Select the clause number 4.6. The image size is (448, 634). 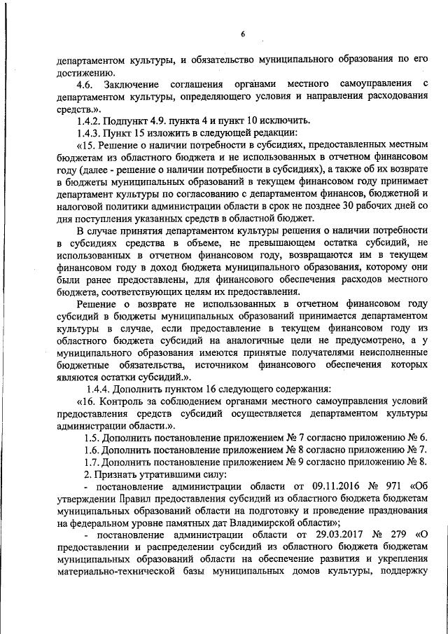click(x=89, y=85)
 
